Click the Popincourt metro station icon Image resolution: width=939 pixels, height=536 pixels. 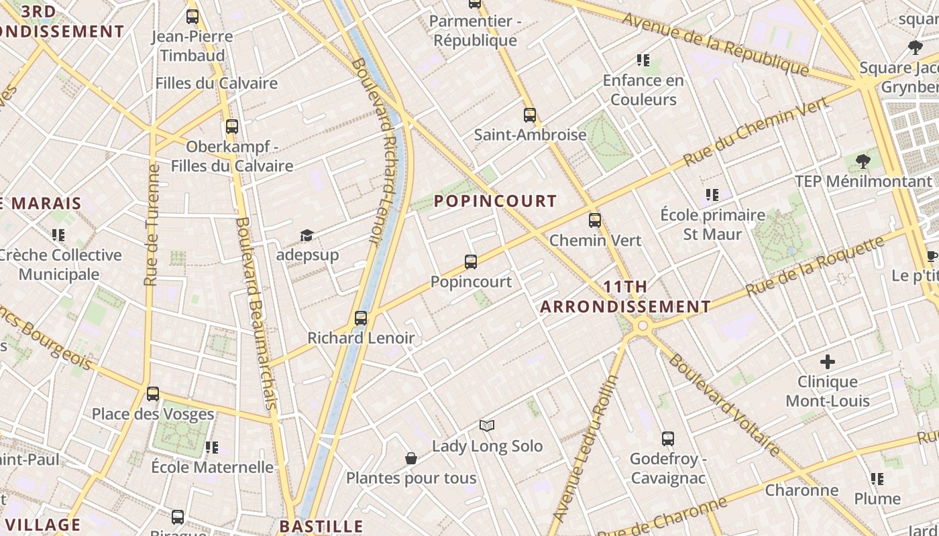point(471,262)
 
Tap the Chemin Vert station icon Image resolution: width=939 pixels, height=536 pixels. point(595,220)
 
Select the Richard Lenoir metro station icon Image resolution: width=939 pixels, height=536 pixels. point(361,318)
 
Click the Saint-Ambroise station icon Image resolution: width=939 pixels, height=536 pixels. point(530,115)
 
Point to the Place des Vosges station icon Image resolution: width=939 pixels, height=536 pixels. point(153,394)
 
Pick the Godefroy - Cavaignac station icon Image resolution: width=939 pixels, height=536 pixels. point(668,439)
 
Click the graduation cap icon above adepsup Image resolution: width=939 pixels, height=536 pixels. point(307,235)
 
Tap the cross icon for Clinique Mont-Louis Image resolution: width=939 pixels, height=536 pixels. point(828,362)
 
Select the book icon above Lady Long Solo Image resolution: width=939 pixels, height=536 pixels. point(487,425)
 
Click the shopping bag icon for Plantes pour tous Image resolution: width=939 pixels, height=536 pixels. point(411,458)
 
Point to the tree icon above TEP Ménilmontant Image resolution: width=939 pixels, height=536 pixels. point(863,161)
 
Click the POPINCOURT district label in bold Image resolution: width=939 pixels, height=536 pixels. point(495,201)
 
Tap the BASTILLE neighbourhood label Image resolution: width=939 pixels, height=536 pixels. point(321,526)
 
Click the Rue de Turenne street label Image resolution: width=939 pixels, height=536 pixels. point(152,225)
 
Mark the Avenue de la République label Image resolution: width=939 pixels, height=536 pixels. point(715,44)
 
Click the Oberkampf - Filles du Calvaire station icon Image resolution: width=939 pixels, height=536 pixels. point(232,126)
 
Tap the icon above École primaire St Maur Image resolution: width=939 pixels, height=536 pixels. point(712,195)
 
